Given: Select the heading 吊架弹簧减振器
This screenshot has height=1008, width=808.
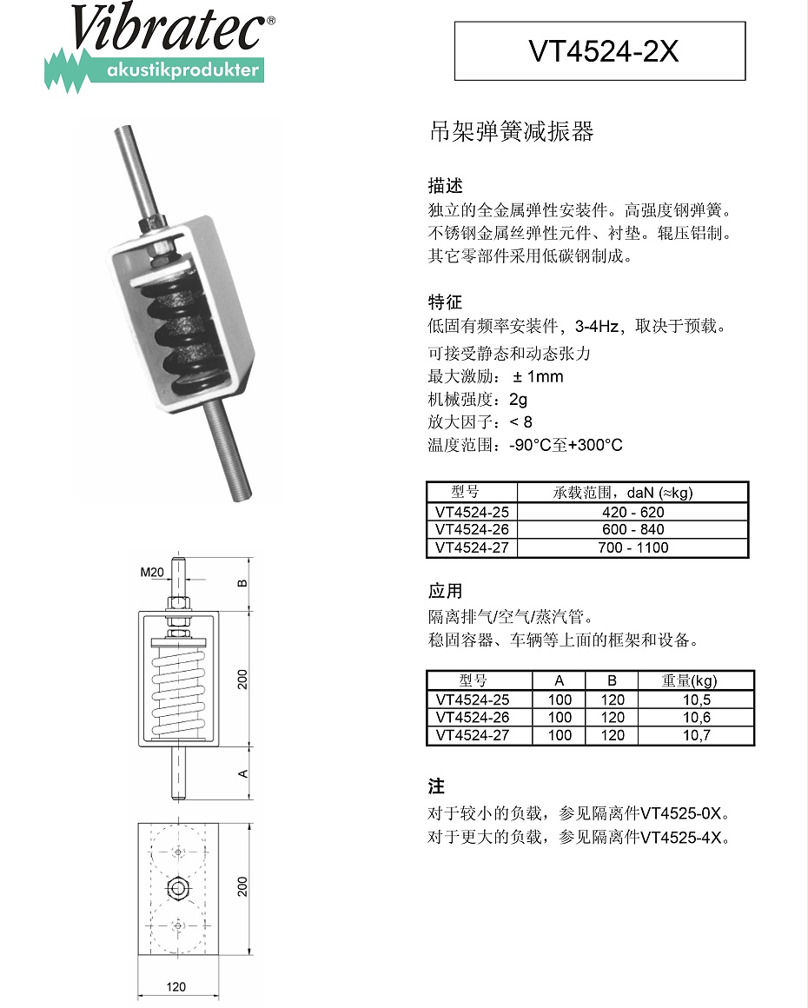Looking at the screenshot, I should coord(511,132).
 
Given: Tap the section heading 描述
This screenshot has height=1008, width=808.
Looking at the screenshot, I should coord(445,186).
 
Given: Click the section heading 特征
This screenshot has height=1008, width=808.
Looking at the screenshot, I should coord(445,302).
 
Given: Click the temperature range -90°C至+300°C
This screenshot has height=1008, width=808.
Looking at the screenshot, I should coord(566,445).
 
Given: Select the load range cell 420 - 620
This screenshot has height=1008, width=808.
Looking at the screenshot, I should coord(632,512).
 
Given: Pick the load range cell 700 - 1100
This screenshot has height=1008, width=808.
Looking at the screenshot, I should coord(632,547).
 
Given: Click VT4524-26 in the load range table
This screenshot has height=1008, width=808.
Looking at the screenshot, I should coord(472,529).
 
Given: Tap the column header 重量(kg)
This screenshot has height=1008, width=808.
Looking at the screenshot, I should coord(690,680).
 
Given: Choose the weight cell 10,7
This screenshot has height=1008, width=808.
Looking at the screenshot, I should coord(697,735).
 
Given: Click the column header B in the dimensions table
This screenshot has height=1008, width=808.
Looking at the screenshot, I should coord(612,680).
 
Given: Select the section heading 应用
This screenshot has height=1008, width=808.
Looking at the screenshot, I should coord(445,591).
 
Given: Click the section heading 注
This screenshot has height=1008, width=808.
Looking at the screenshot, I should coord(436,786).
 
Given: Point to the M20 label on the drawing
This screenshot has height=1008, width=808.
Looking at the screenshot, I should coord(152,572).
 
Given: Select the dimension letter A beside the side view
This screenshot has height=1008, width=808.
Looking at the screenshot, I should coord(244,773).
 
